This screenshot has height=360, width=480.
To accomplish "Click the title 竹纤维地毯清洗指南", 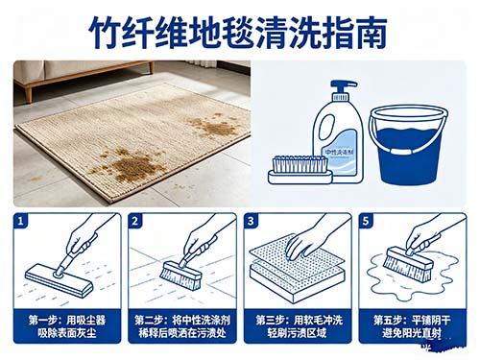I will tap(239, 31).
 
